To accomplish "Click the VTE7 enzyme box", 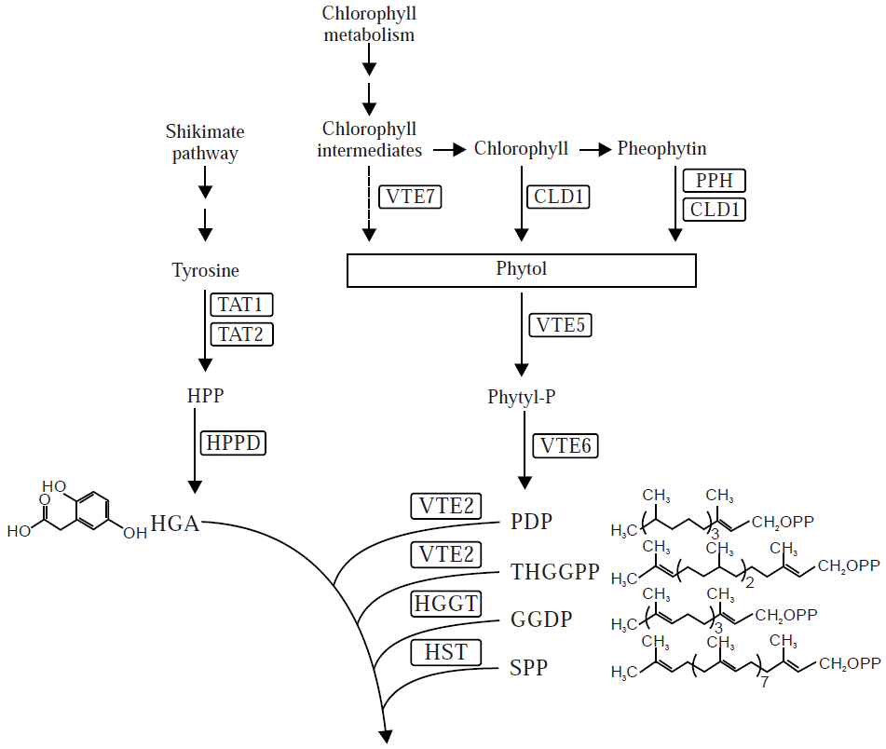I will coord(410,197).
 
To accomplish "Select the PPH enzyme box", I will coord(715,181).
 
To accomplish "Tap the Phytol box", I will coord(521,269).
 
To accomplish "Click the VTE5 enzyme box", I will coord(560,325).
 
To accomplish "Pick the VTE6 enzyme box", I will coord(566,445).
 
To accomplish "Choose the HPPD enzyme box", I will coord(233,443).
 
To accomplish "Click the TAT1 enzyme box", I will coord(241,304).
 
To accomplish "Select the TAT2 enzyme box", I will coord(241,333).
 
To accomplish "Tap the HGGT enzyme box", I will coord(445,605).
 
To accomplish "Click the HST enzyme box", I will coord(445,652).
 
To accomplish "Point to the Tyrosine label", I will coord(205,271).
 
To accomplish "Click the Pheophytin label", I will coord(661,148).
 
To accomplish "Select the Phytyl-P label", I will coord(522,397).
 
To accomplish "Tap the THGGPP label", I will coord(555,571).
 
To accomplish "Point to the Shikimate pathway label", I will coord(205,143).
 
